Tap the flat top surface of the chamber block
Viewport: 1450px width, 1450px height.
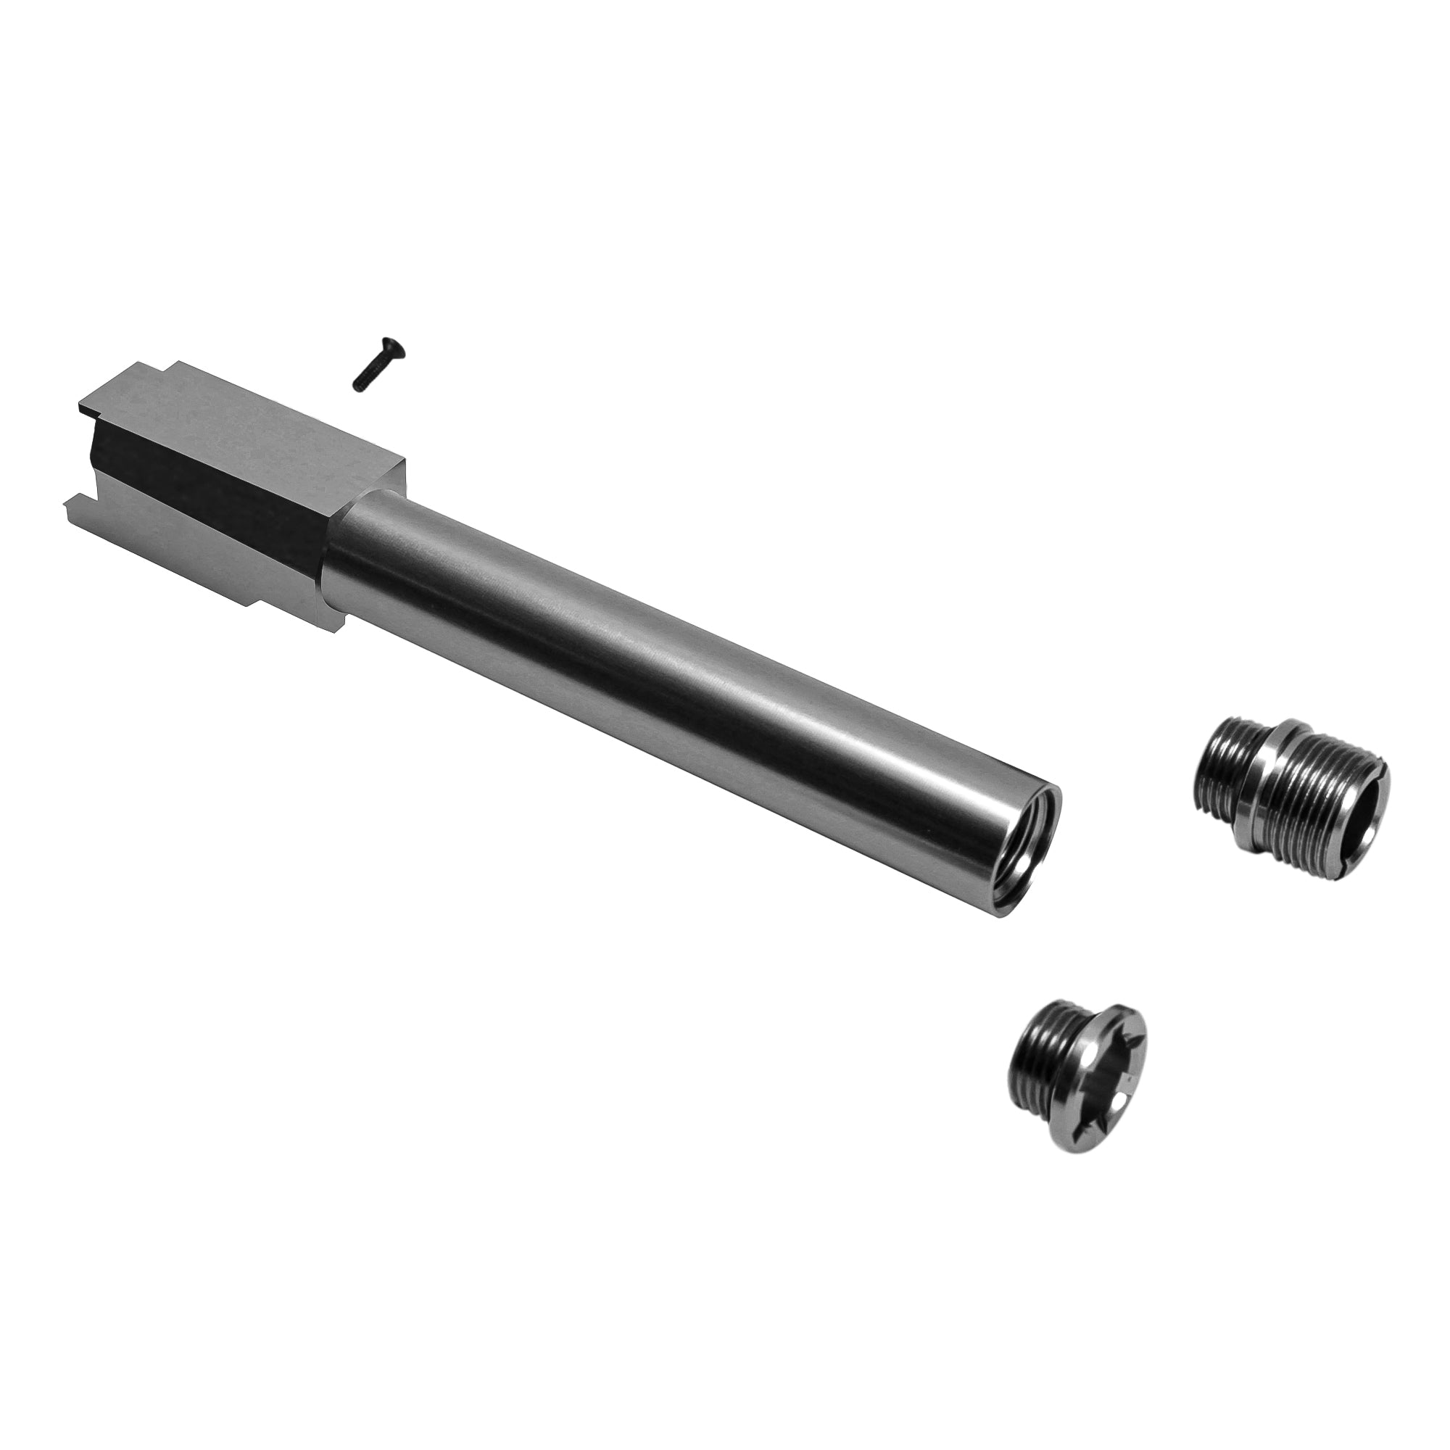pos(248,420)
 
